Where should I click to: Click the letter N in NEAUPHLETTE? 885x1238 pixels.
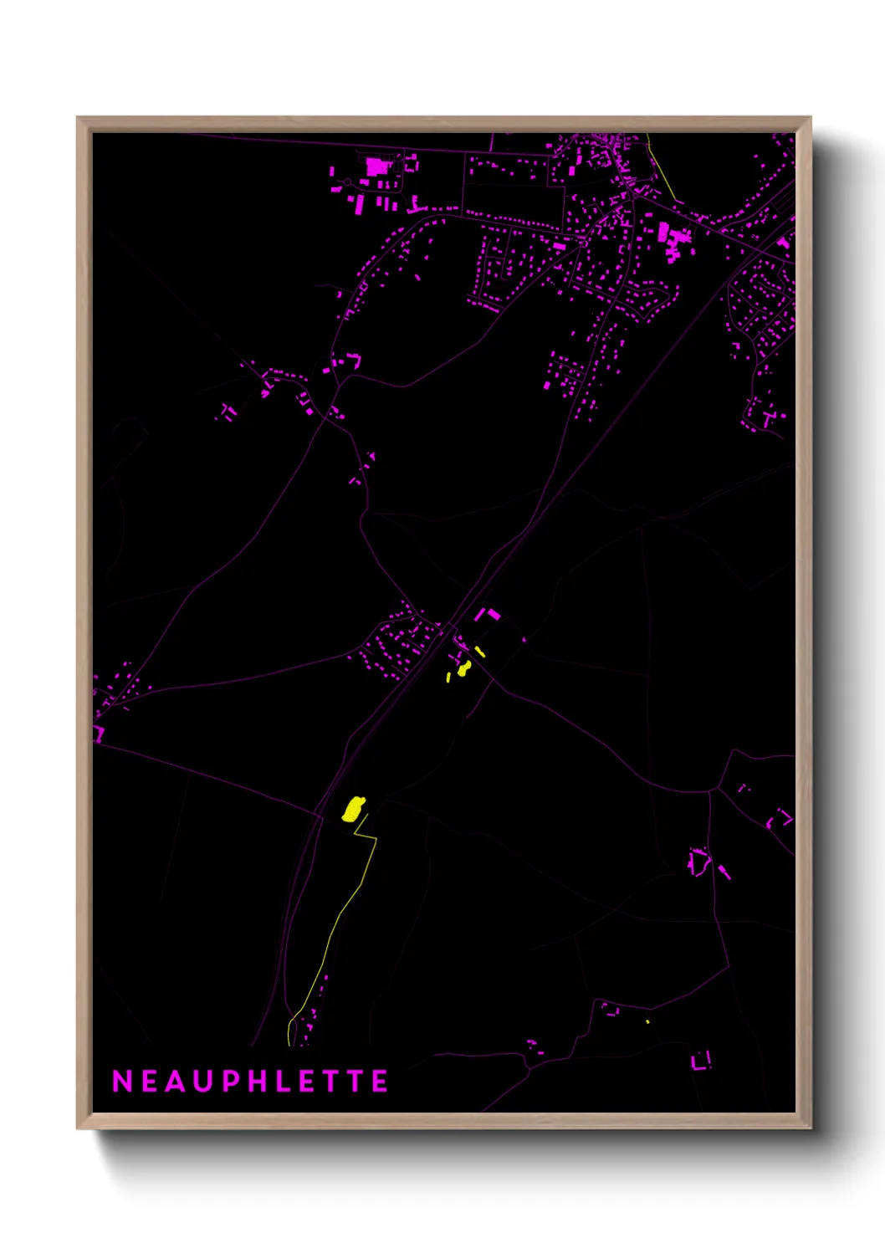click(x=122, y=1082)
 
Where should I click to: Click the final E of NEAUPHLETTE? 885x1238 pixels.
click(x=381, y=1082)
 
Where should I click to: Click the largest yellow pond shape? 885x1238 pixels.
click(x=354, y=808)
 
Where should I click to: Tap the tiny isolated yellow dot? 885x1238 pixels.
click(x=647, y=1021)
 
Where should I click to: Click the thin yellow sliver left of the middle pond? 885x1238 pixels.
click(x=448, y=677)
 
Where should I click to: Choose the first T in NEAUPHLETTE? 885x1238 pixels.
click(x=329, y=1082)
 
